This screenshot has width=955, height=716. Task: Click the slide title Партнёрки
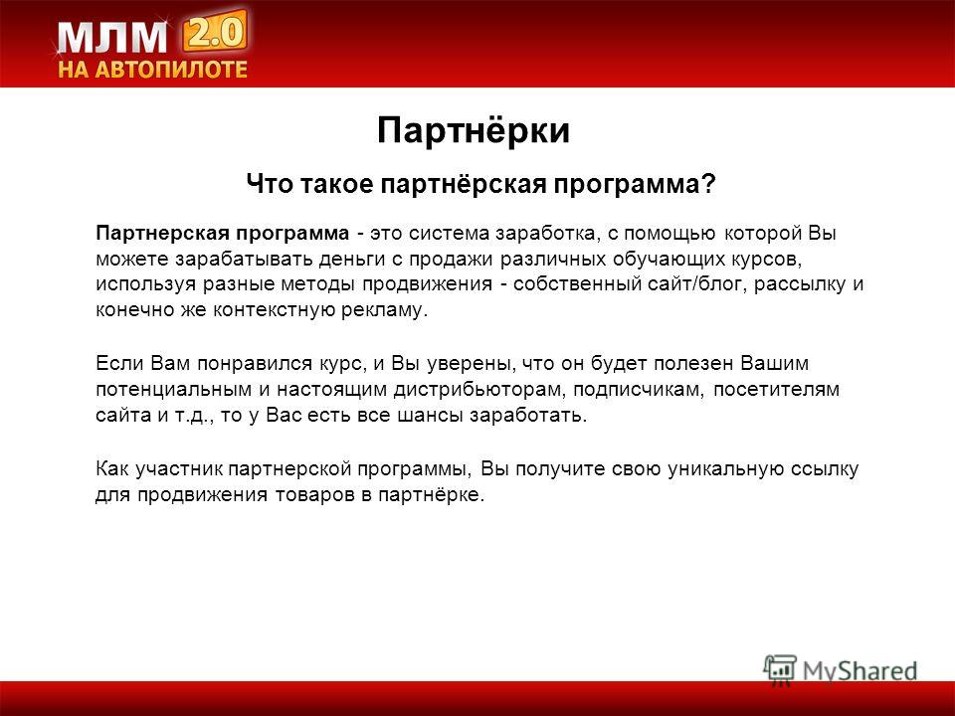click(474, 129)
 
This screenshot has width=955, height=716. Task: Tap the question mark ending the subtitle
click(708, 183)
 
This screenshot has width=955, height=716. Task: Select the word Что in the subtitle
click(267, 183)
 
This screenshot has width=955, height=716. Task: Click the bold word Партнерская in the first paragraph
click(162, 234)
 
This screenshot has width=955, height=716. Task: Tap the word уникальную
click(725, 468)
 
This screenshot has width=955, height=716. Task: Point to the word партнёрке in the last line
click(432, 495)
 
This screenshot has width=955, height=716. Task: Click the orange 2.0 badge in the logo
click(215, 31)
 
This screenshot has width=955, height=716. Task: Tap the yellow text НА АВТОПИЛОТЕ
click(153, 69)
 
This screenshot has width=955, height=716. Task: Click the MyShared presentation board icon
click(780, 669)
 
